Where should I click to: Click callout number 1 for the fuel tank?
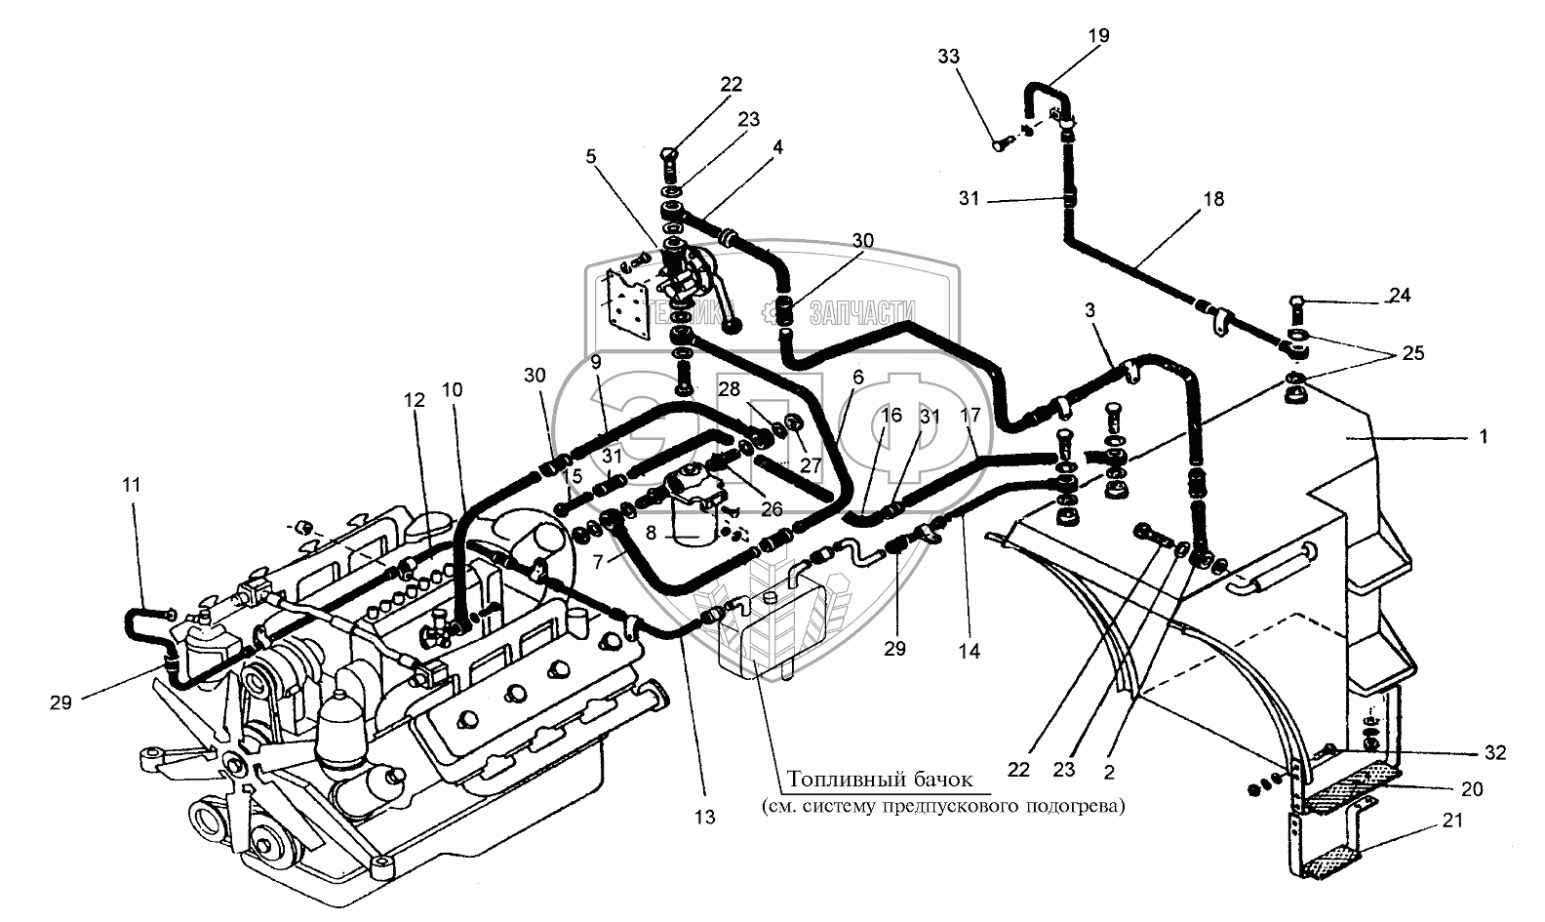pos(1483,438)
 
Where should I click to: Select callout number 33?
pos(948,58)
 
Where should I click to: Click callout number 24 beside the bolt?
pos(1400,295)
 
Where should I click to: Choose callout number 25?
pos(1413,353)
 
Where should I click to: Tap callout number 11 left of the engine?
pos(132,483)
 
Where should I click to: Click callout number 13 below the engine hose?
pos(704,818)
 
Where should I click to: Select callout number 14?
pos(970,651)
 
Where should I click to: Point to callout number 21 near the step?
pos(1453,822)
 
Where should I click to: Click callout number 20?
pos(1471,789)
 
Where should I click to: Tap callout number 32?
pos(1495,753)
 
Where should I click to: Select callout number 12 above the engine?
pos(415,400)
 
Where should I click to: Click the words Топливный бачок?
pos(881,780)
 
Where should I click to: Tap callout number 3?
pos(1089,310)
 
